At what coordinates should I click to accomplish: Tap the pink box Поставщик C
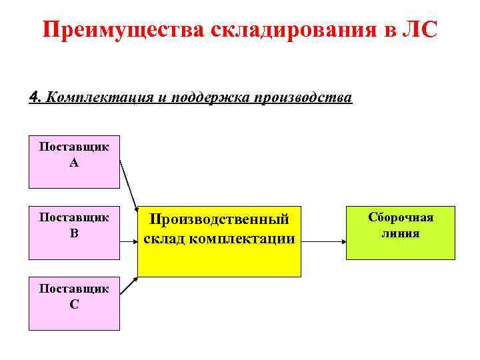tap(74, 303)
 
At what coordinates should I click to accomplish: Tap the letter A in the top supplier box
tap(73, 162)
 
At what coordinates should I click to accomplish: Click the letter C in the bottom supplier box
tap(74, 304)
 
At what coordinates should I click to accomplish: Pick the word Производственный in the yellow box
tap(219, 219)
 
